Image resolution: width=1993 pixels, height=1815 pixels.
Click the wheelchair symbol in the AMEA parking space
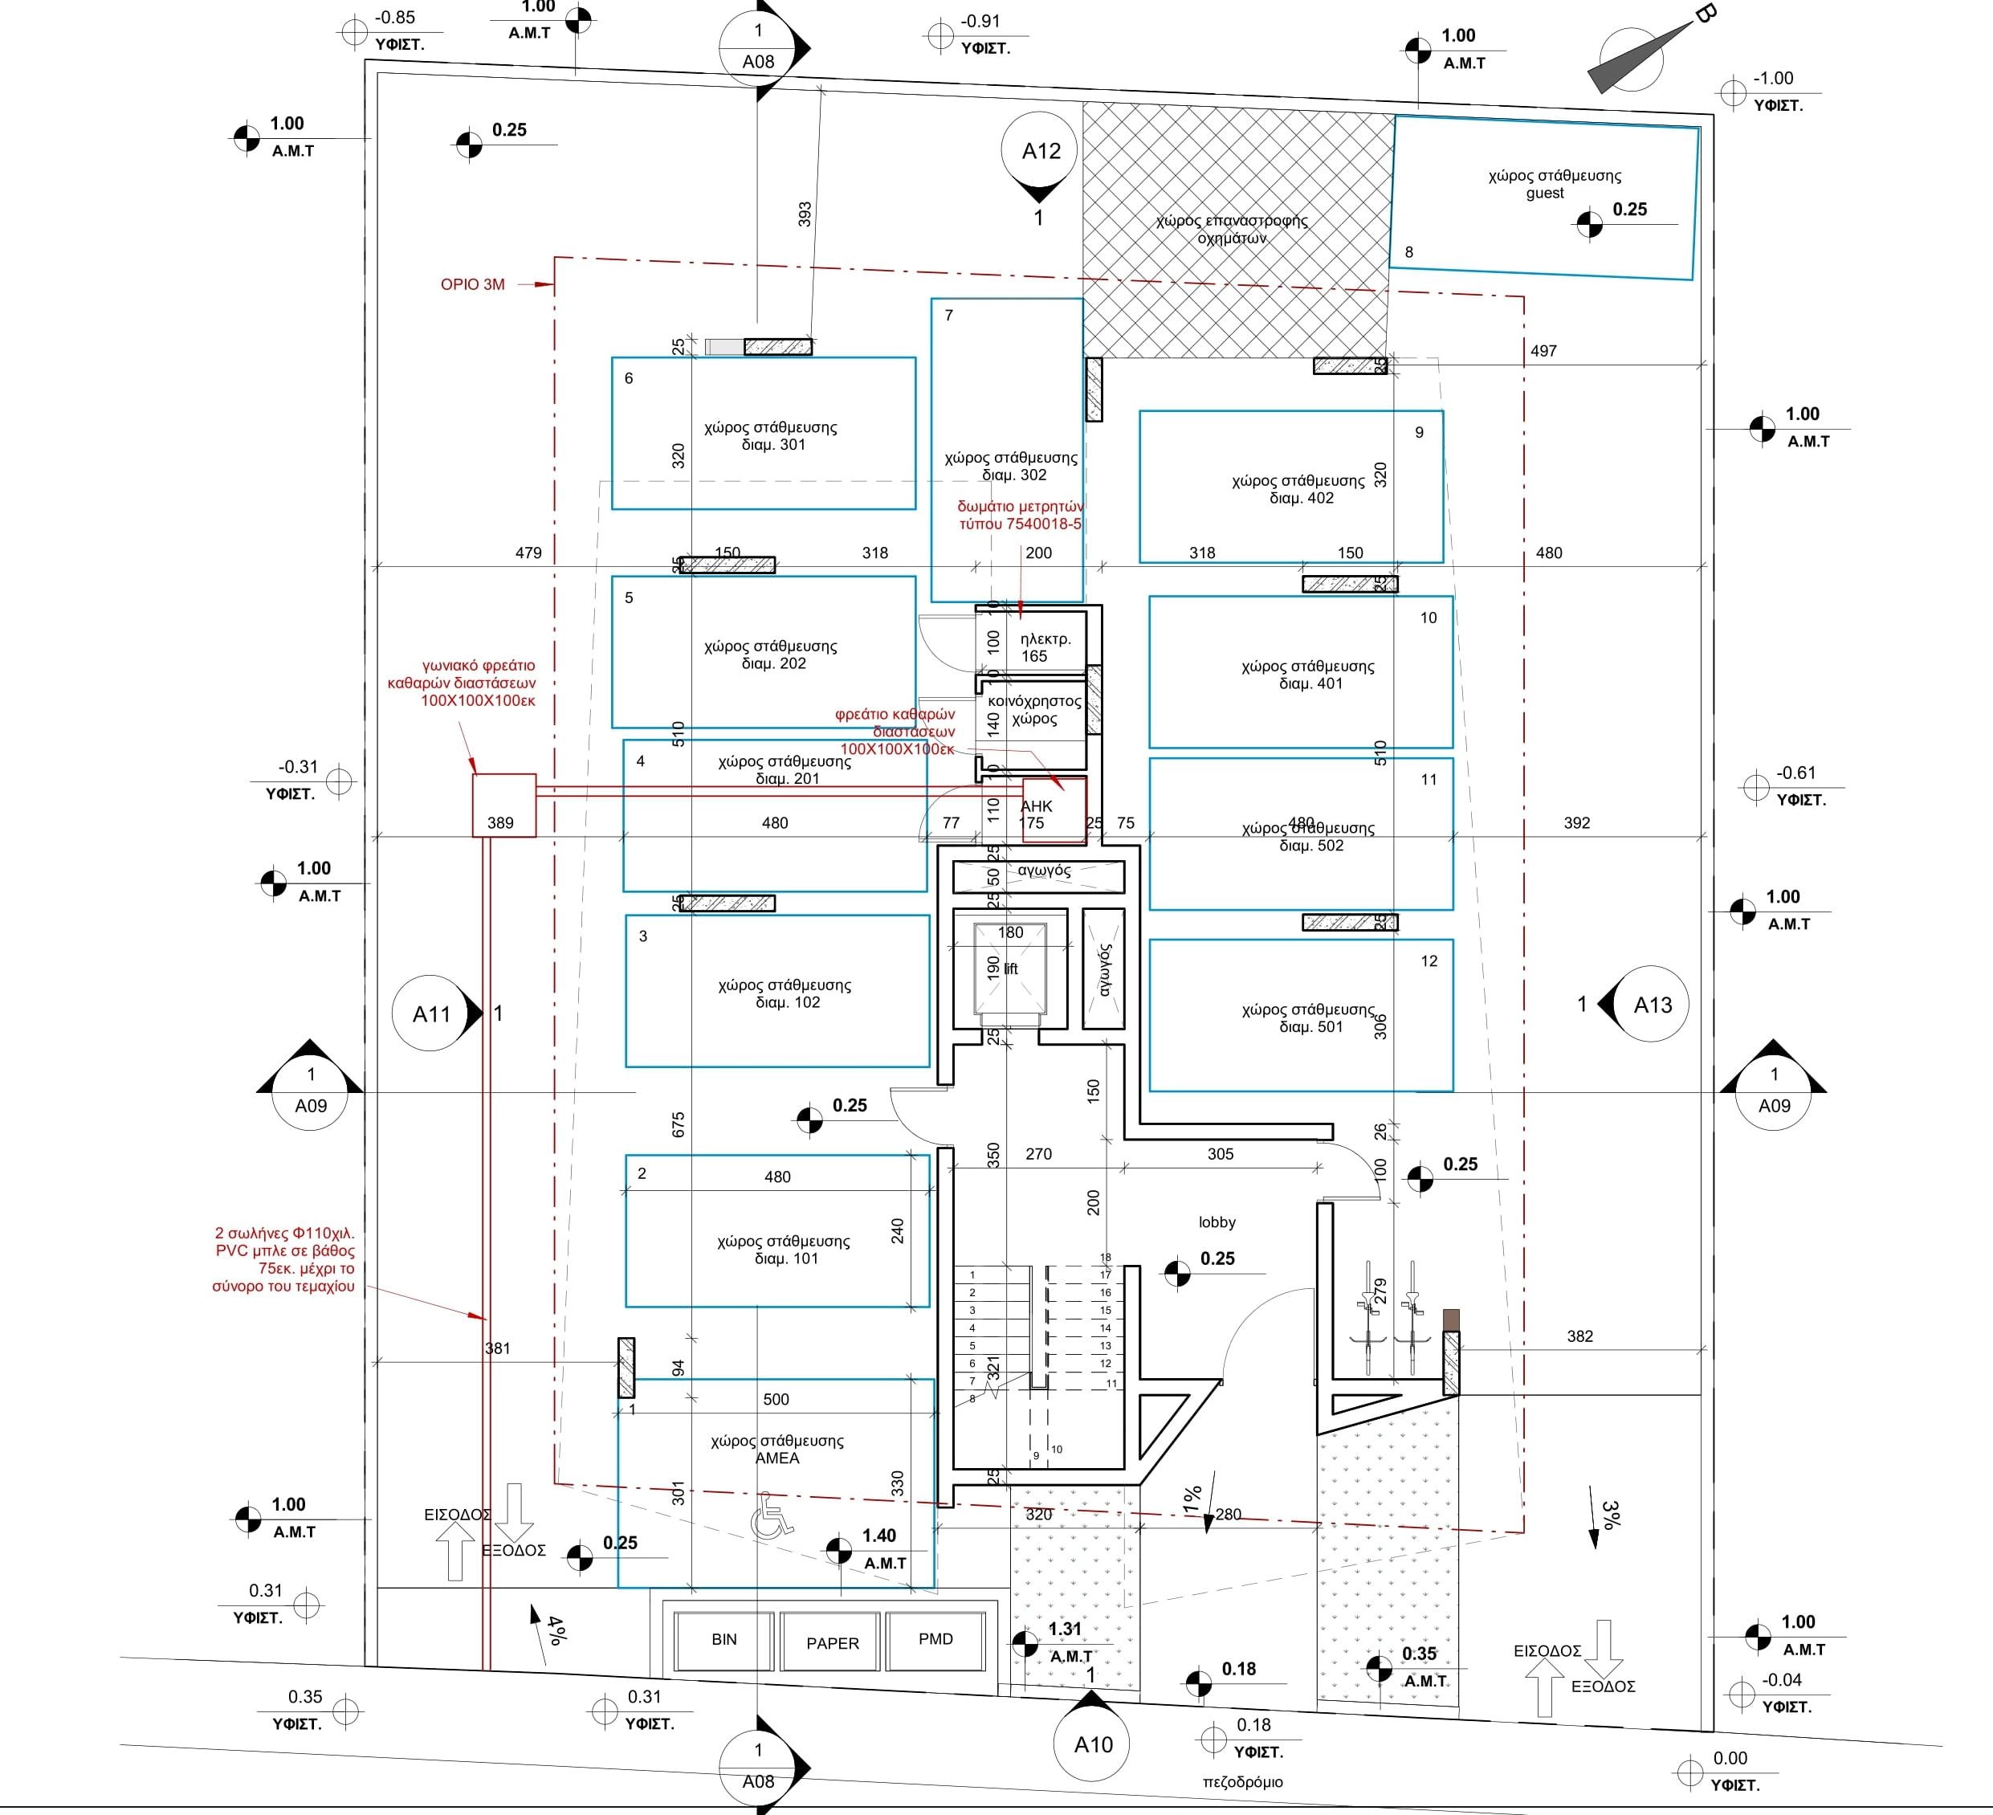771,1523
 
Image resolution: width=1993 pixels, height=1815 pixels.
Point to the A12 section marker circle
1040,151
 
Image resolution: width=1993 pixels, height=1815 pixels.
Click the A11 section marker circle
431,1014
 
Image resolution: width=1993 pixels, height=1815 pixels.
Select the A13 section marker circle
1652,1005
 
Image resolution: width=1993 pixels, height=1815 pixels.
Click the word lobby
1217,1222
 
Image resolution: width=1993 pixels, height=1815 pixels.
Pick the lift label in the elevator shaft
1010,969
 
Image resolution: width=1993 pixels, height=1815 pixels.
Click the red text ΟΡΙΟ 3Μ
472,285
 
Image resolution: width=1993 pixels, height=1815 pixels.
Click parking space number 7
948,316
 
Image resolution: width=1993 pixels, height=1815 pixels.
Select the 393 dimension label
804,214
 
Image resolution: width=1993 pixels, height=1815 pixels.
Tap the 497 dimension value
1543,351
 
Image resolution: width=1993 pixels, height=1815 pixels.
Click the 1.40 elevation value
878,1536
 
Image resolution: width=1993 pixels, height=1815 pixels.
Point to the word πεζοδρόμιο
1243,1782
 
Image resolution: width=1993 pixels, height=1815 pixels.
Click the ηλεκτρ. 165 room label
1045,647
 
